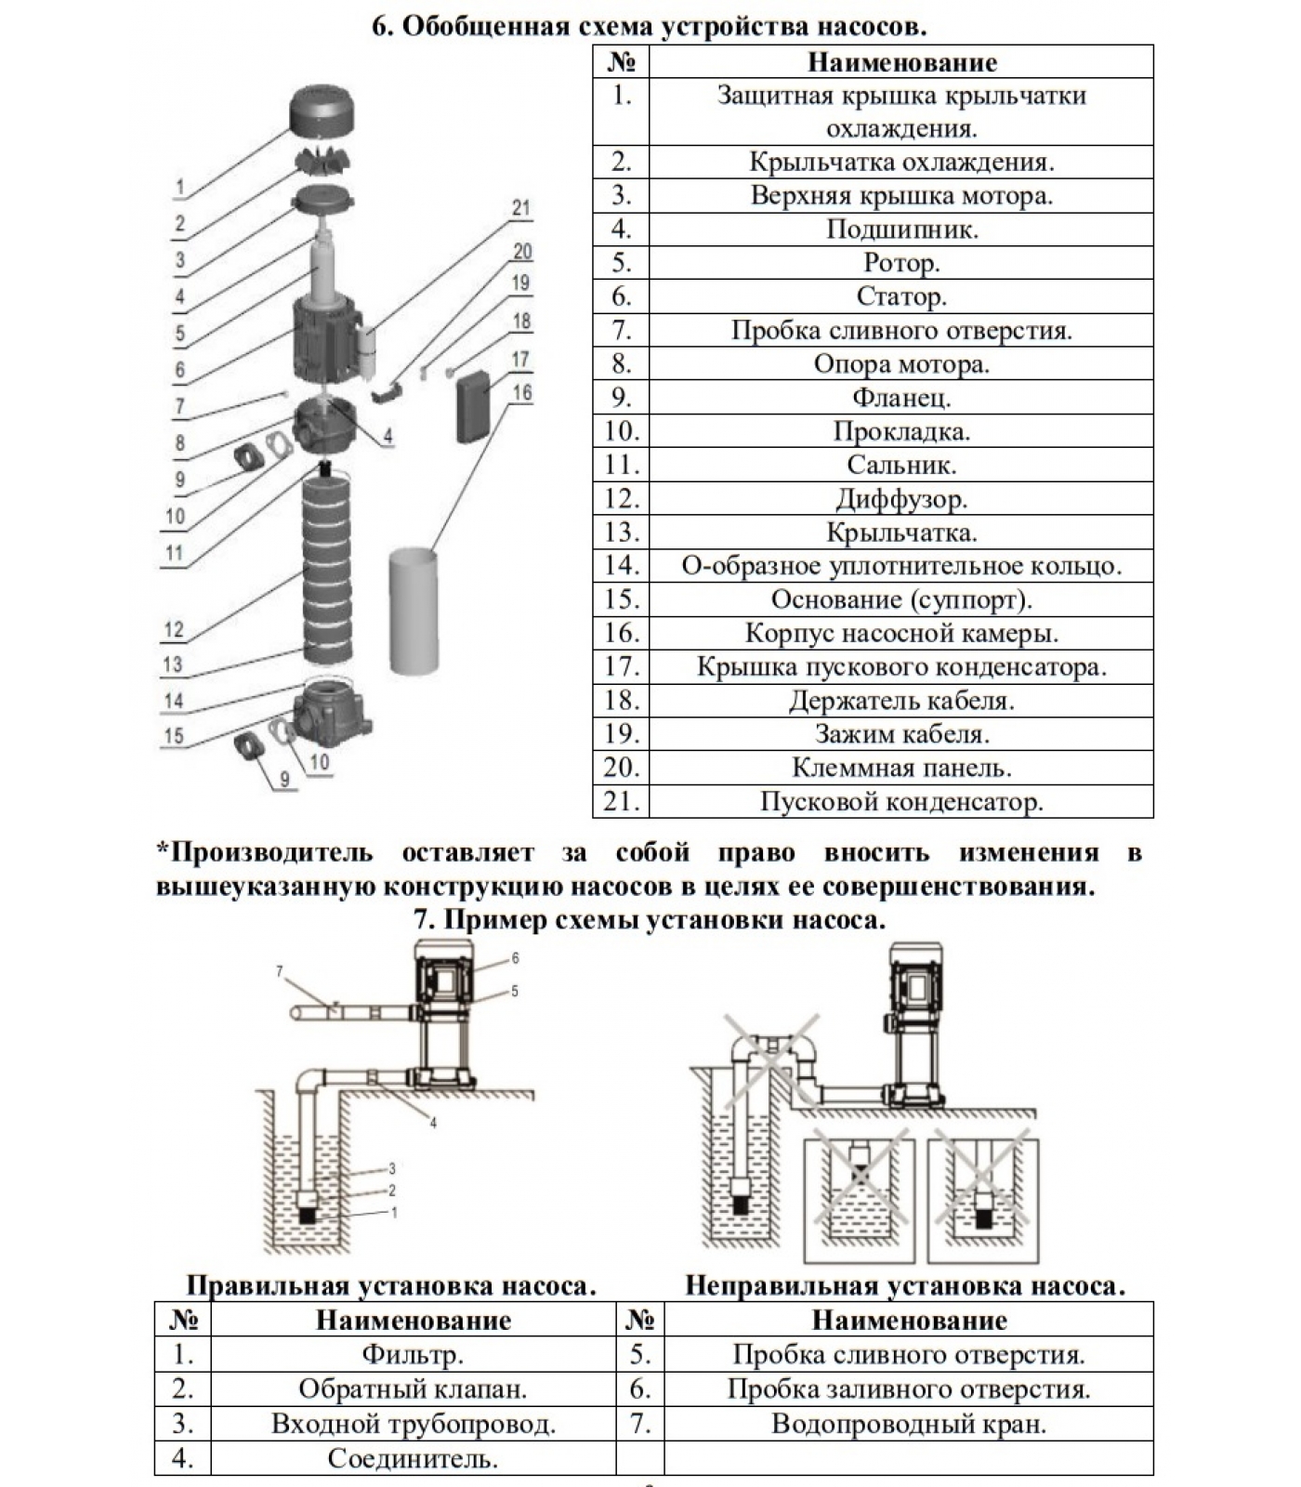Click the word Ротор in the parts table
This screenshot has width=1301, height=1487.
[900, 263]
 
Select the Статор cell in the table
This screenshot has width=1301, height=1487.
[900, 296]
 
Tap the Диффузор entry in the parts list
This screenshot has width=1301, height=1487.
[900, 499]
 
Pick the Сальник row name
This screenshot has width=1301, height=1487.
[900, 465]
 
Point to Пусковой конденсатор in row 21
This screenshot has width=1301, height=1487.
[900, 801]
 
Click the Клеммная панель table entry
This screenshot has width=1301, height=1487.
[900, 768]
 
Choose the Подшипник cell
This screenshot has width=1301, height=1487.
[900, 230]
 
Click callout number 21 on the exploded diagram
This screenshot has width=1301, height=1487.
[520, 208]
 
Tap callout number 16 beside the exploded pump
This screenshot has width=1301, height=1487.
[521, 392]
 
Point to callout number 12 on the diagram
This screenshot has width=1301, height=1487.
[174, 629]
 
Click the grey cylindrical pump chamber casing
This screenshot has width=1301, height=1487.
[413, 610]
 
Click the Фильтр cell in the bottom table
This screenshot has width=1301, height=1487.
[412, 1355]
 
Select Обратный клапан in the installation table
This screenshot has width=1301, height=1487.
[412, 1389]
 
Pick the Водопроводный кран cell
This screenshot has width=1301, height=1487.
[908, 1424]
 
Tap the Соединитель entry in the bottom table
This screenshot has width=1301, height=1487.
[412, 1458]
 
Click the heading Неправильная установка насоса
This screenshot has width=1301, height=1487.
[904, 1286]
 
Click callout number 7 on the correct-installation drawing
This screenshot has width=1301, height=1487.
[279, 971]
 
